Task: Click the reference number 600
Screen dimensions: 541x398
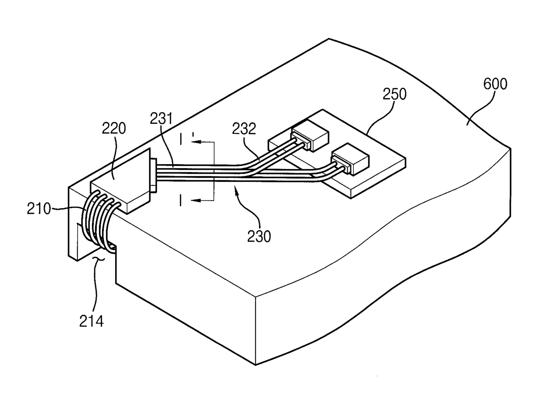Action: coord(495,84)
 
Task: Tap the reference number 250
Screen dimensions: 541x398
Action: coord(394,94)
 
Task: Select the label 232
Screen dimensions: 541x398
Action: coord(244,129)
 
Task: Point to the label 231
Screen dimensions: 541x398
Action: coord(161,118)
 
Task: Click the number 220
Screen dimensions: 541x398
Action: coord(114,128)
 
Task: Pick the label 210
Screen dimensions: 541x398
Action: coord(39,209)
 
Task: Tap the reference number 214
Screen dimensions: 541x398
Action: coord(91,321)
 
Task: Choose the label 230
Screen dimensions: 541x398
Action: coord(259,237)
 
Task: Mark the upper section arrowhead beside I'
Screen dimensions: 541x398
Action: coord(196,141)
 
